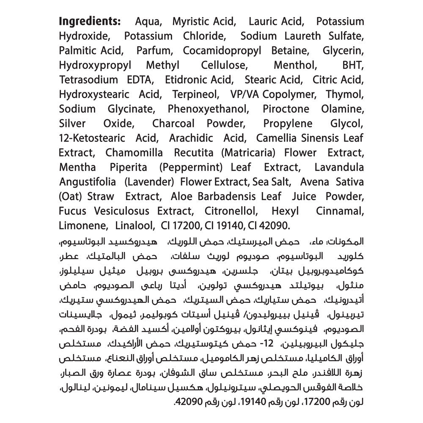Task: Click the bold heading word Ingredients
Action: point(90,22)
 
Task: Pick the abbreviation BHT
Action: point(352,65)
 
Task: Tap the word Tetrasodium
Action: point(88,80)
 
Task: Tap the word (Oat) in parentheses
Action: point(71,196)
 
